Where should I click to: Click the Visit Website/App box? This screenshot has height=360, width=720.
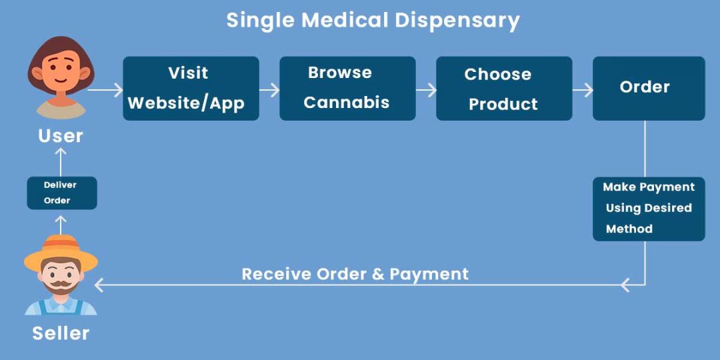191,88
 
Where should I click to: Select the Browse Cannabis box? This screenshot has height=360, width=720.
347,88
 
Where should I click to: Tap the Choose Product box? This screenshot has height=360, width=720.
504,88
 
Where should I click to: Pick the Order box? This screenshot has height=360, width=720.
648,88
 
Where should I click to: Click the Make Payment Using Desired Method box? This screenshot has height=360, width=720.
648,208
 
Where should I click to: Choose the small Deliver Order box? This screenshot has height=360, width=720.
61,193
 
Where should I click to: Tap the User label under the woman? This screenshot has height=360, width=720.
61,136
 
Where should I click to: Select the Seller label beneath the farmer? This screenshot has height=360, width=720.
61,333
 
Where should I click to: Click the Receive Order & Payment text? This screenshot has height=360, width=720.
355,274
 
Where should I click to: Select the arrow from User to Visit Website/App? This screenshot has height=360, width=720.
105,89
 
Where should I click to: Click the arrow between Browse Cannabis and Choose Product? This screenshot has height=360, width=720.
426,89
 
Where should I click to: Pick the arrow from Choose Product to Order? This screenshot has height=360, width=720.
583,89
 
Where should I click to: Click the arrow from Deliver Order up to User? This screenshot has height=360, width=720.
61,161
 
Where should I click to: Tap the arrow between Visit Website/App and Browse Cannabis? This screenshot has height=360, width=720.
269,89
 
